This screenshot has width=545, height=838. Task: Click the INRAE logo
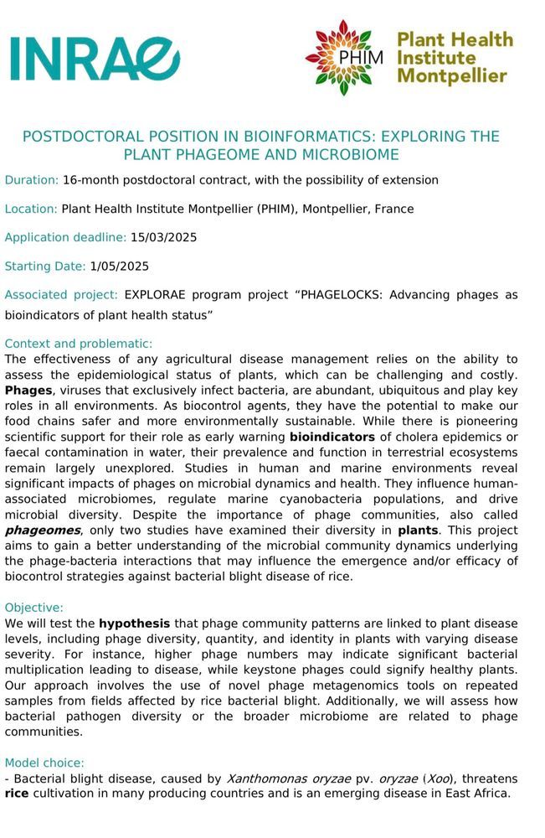95,58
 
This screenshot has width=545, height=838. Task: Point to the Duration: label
32,180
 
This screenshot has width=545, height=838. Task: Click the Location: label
31,209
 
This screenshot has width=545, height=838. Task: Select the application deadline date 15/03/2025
163,237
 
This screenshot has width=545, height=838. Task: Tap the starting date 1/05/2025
119,266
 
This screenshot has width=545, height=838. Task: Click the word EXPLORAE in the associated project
158,295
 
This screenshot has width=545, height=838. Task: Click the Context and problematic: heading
79,344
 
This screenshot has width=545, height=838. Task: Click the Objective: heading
33,608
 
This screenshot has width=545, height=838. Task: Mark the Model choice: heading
44,763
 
